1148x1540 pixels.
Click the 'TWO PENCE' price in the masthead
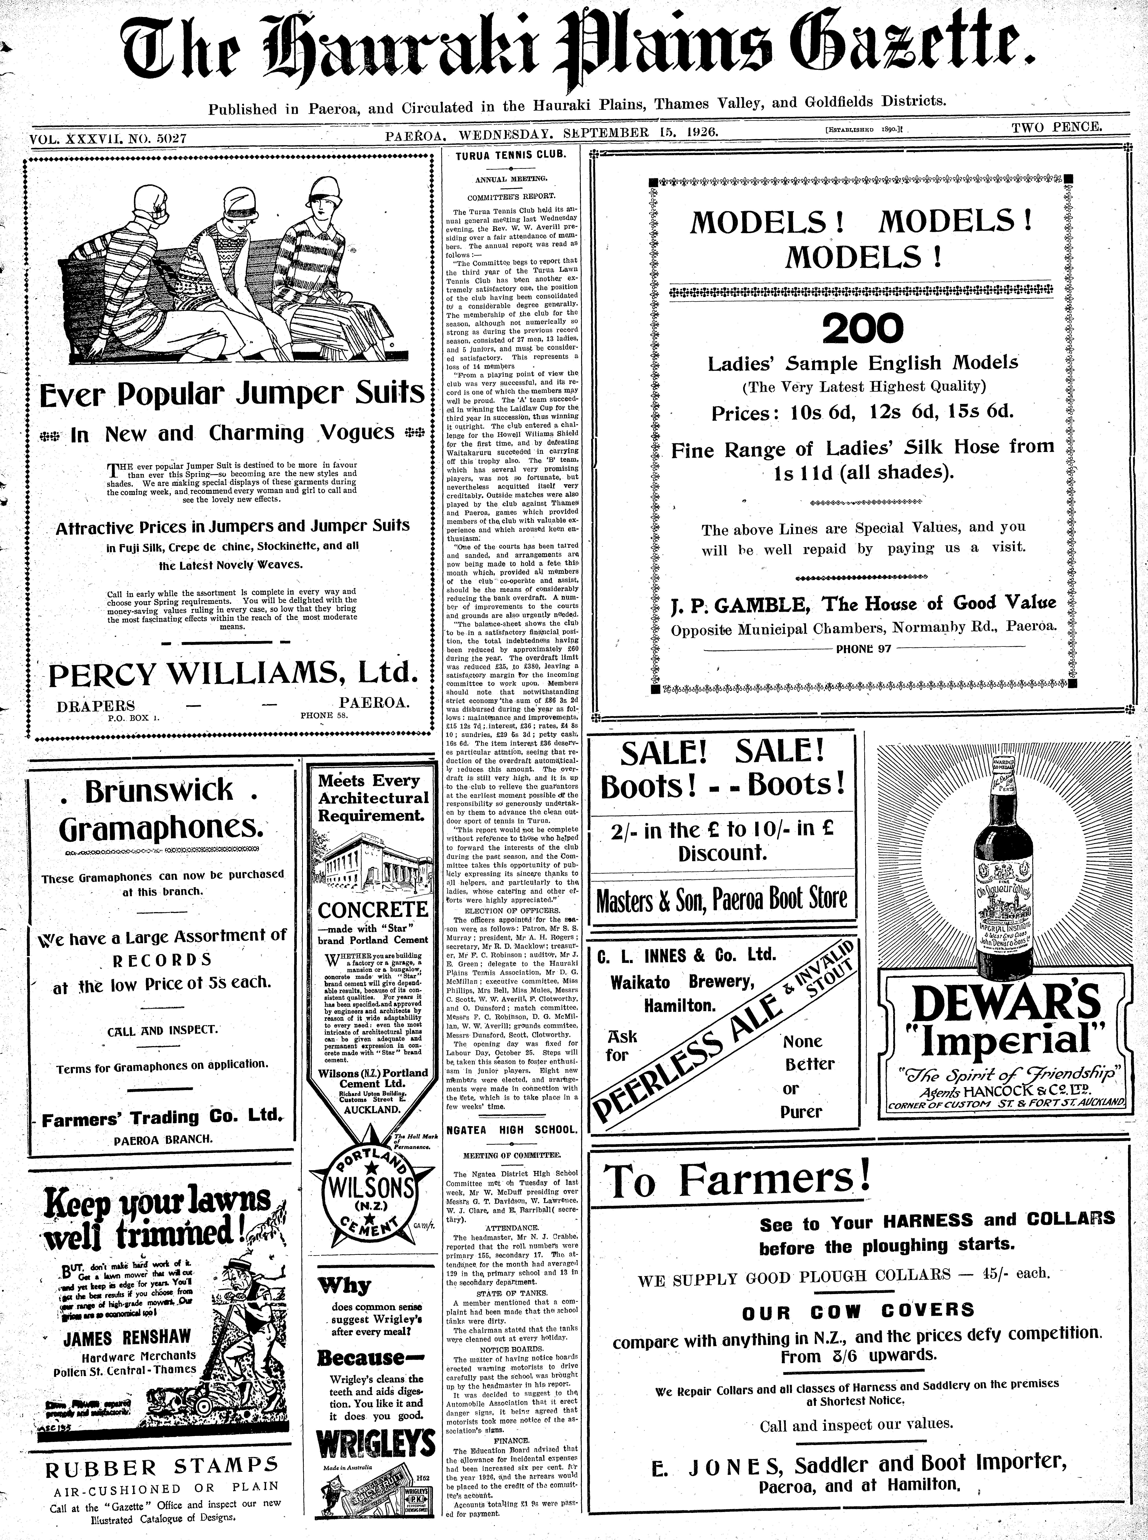pyautogui.click(x=1056, y=127)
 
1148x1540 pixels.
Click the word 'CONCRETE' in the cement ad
pyautogui.click(x=373, y=910)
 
